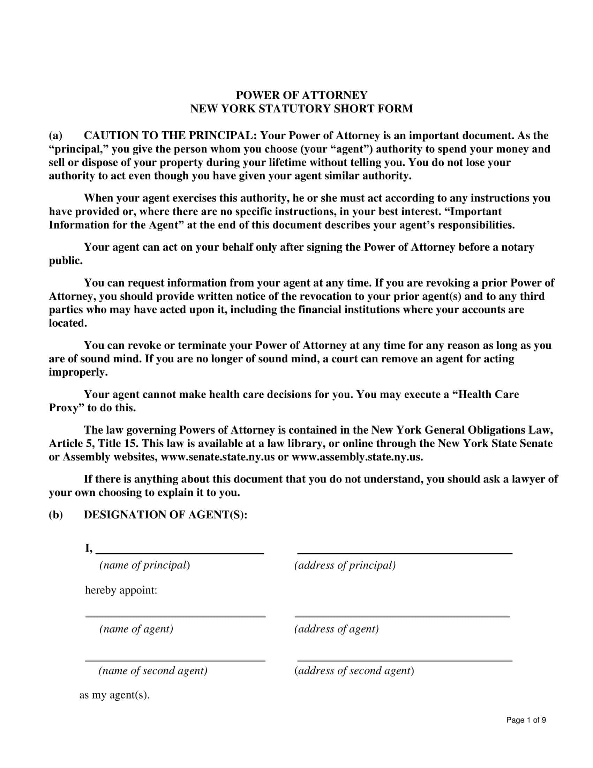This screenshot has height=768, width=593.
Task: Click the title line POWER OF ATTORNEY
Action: pyautogui.click(x=301, y=95)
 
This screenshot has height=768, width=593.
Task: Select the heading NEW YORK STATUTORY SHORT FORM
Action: pyautogui.click(x=301, y=109)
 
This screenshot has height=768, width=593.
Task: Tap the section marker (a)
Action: pyautogui.click(x=55, y=136)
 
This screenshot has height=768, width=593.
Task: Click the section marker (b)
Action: pyautogui.click(x=55, y=515)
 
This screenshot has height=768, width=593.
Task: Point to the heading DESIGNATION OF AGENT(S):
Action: pyautogui.click(x=165, y=515)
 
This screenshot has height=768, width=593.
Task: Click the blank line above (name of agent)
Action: pyautogui.click(x=176, y=614)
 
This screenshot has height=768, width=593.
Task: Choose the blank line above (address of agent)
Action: pyautogui.click(x=402, y=614)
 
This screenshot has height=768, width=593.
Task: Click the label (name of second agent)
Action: pyautogui.click(x=153, y=671)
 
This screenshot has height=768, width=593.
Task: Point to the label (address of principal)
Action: pyautogui.click(x=345, y=565)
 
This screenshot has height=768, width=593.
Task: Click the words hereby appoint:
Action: pyautogui.click(x=121, y=590)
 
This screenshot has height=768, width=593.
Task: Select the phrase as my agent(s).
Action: pyautogui.click(x=114, y=695)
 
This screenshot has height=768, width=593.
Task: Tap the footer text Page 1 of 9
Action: pyautogui.click(x=526, y=720)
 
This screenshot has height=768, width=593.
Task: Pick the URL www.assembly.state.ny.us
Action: pyautogui.click(x=357, y=457)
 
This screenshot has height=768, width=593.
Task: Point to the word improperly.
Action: pyautogui.click(x=78, y=372)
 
